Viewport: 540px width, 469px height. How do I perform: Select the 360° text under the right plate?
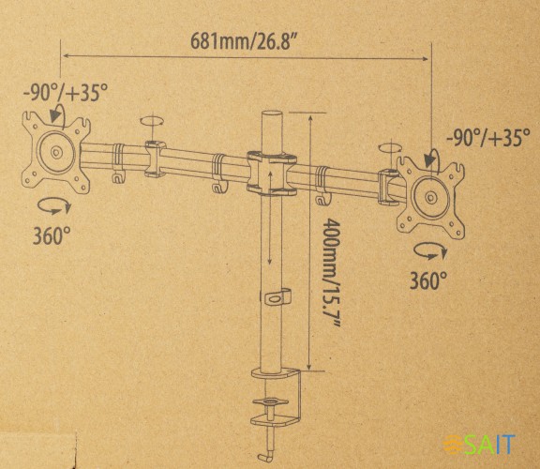pyautogui.click(x=427, y=279)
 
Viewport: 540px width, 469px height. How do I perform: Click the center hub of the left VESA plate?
pyautogui.click(x=55, y=152)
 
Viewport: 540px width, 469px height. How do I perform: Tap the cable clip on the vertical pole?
pyautogui.click(x=273, y=297)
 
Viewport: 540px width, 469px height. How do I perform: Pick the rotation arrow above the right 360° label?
pyautogui.click(x=429, y=250)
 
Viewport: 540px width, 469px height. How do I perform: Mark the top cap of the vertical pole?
pyautogui.click(x=270, y=115)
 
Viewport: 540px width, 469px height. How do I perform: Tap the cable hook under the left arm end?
pyautogui.click(x=116, y=175)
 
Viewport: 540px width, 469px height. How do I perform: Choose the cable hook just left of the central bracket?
pyautogui.click(x=218, y=188)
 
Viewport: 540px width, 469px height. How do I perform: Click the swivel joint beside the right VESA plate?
pyautogui.click(x=387, y=185)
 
